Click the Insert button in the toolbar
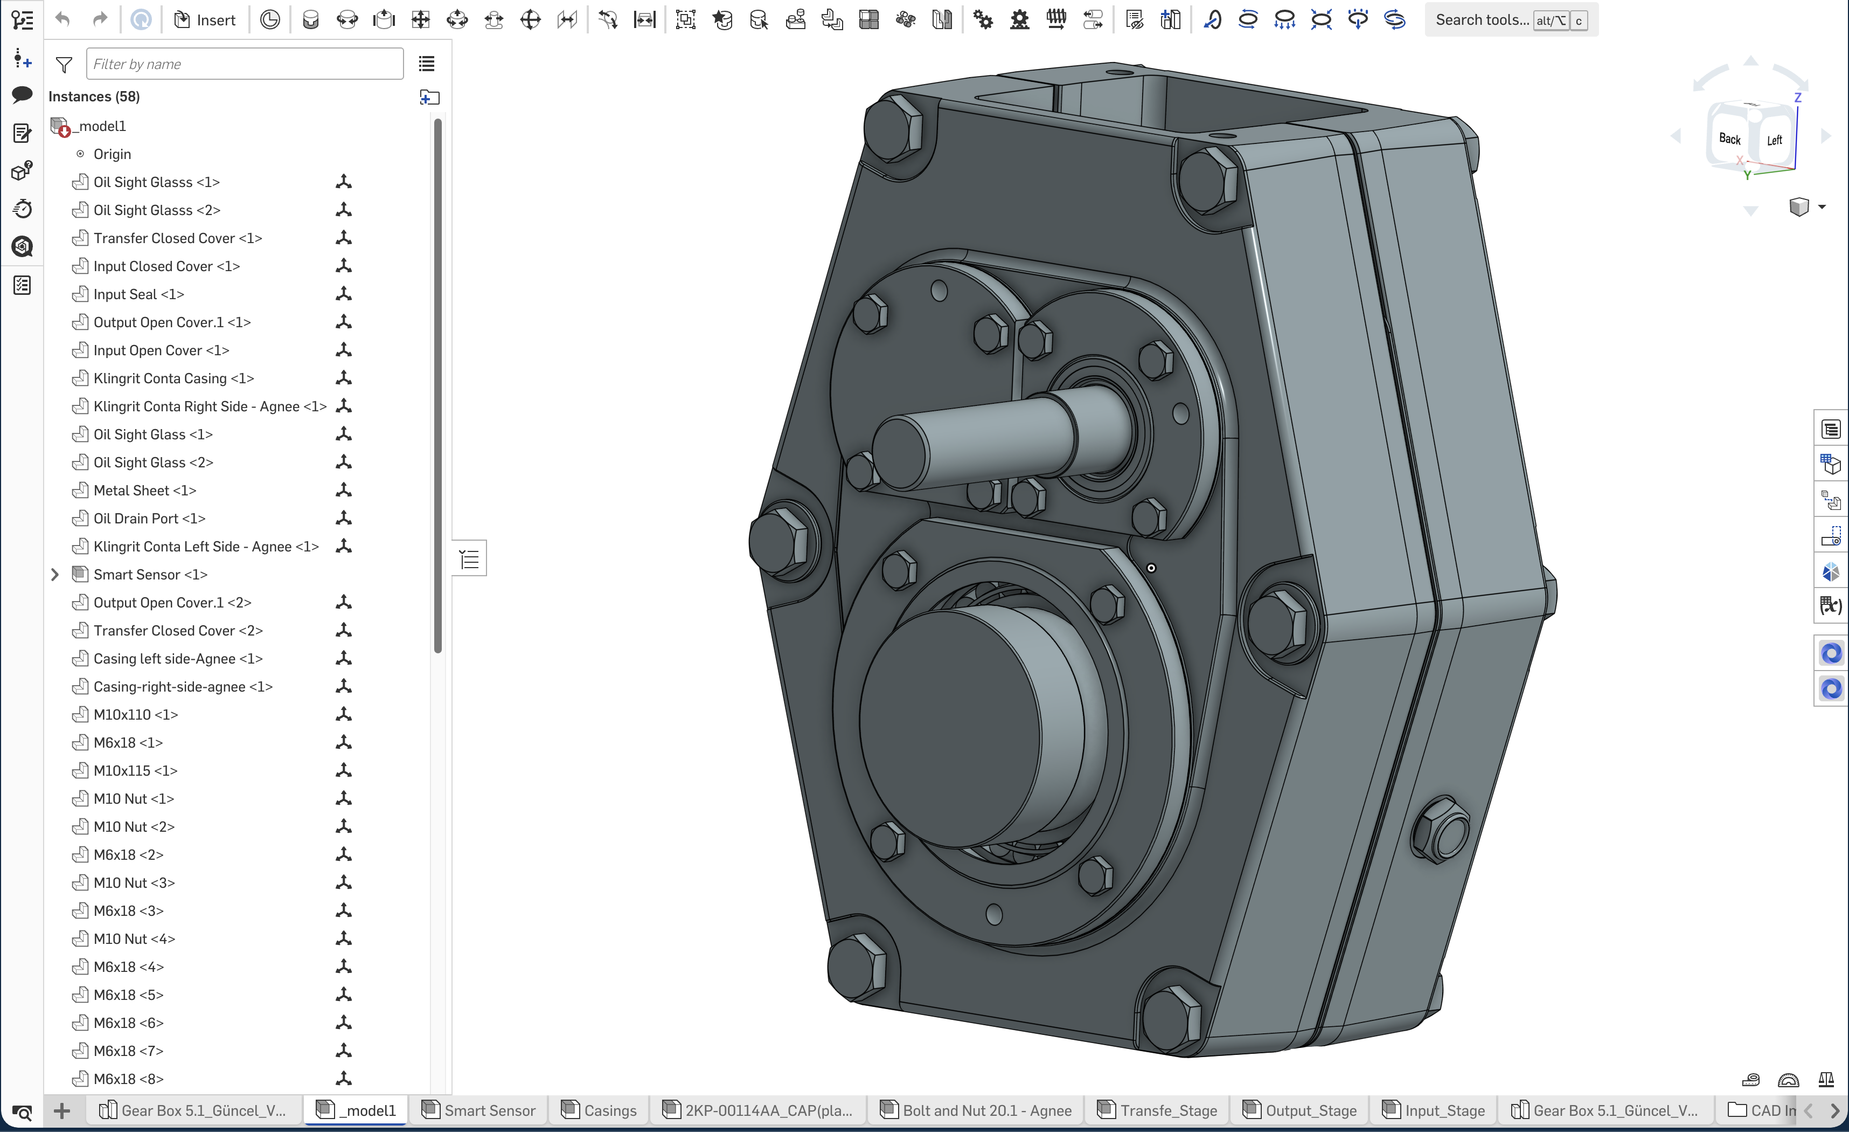tap(205, 20)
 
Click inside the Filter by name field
tap(244, 64)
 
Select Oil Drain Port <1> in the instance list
tap(149, 519)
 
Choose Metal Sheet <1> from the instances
tap(144, 490)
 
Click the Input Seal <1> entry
tap(138, 294)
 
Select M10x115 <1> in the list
tap(135, 770)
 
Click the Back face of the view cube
tap(1730, 139)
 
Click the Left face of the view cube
tap(1775, 140)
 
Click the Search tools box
tap(1482, 20)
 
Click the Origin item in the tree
tap(112, 154)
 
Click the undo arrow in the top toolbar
tap(63, 20)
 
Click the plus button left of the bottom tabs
tap(62, 1110)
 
